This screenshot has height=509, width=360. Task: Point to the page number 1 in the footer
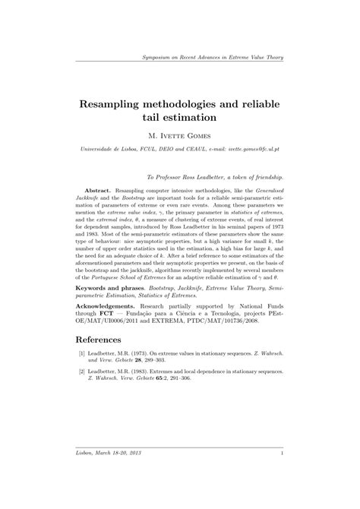point(282,454)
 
